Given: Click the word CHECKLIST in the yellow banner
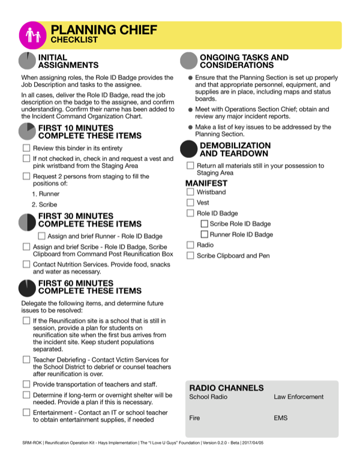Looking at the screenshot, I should click(74, 40).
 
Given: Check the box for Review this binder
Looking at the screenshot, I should click(26, 148).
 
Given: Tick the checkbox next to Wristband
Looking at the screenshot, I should click(190, 192).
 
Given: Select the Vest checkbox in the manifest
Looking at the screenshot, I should click(190, 203).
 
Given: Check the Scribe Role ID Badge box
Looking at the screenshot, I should click(204, 224).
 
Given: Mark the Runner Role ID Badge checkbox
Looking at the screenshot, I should click(204, 235).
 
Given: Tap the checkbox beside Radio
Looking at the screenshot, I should click(190, 245).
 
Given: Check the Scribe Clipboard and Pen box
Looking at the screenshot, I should click(190, 256).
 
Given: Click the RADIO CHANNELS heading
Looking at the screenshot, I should click(226, 388).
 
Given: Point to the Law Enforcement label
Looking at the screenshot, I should click(298, 397).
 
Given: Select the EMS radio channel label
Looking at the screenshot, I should click(281, 417).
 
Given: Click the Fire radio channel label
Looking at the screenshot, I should click(194, 417).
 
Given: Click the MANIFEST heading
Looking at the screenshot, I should click(206, 183).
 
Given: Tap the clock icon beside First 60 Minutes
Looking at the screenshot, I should click(27, 288).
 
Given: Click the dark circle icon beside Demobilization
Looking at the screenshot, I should click(189, 150).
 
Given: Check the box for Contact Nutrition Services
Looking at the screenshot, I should click(26, 264).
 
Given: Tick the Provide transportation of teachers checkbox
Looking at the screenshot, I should click(26, 384).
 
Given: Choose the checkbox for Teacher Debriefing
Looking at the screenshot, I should click(26, 359).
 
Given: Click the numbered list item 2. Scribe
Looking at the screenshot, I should click(45, 204).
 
